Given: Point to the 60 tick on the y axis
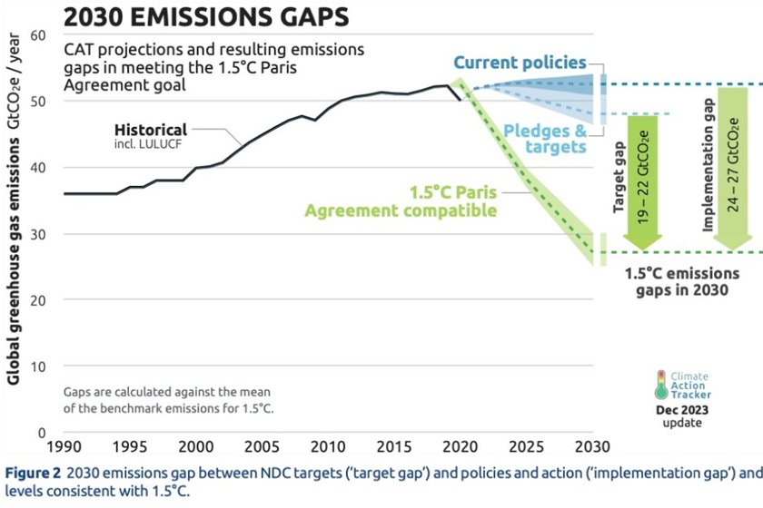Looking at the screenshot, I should (x=36, y=35).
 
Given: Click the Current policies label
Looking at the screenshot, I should (x=520, y=63).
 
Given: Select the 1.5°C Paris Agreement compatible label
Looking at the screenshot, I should (x=401, y=202).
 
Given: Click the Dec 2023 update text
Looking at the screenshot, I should (x=681, y=416).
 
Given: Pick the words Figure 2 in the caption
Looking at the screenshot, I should (x=34, y=473).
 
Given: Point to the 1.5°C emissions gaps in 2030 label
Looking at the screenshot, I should (x=683, y=281).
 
